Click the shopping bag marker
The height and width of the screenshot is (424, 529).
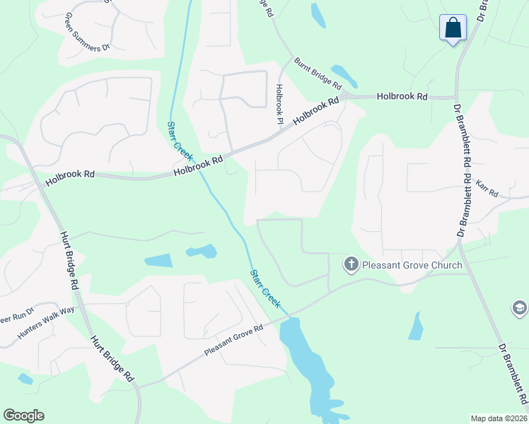coord(453,28)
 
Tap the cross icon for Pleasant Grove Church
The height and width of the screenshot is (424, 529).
coord(351,265)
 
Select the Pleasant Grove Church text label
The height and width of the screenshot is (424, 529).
coord(412,266)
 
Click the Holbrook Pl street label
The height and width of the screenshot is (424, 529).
coord(279,105)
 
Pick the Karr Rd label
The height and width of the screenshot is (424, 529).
coord(488,189)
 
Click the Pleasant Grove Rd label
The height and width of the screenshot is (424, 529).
coord(233,341)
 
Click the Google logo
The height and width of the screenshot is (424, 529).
coord(23,416)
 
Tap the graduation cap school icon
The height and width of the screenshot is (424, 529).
coord(520,308)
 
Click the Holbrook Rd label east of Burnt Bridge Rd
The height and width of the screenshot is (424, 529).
coord(402,95)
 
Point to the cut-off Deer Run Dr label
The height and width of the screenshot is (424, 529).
coord(16,317)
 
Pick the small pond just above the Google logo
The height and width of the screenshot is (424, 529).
coord(25,379)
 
